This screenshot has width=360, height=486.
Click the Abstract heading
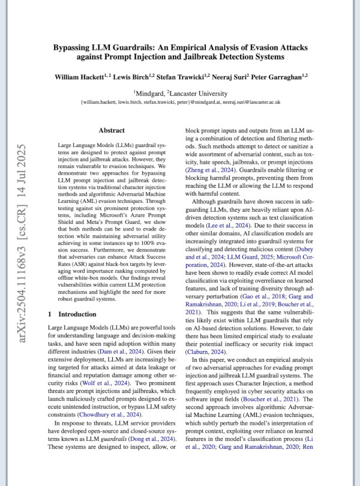pos(112,130)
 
